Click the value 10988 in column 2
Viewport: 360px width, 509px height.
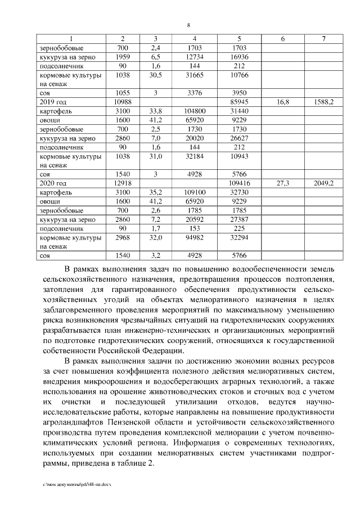[123, 102]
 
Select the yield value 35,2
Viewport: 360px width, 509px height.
[155, 192]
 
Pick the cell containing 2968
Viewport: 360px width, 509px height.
[123, 238]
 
